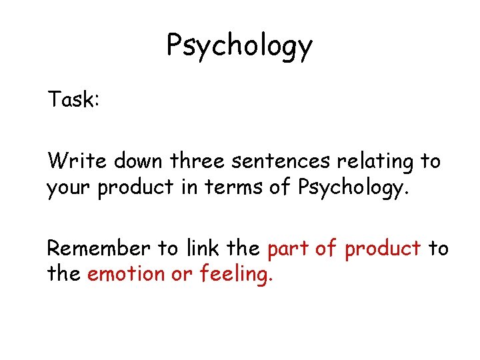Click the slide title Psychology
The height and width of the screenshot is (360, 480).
click(x=239, y=46)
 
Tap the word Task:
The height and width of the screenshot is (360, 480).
click(x=73, y=100)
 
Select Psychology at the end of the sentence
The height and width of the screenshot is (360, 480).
click(x=351, y=189)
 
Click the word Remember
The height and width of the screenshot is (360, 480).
click(x=99, y=248)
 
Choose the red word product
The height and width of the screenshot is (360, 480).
click(x=383, y=249)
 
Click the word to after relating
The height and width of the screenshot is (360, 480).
click(x=431, y=162)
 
